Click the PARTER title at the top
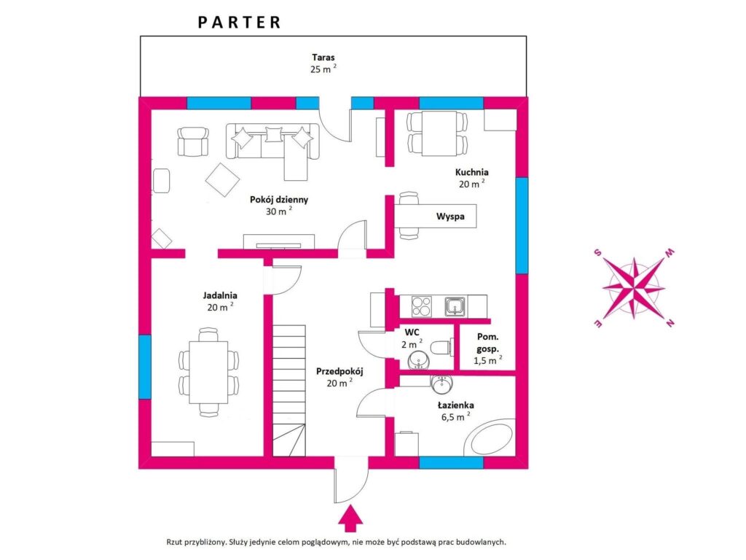239,23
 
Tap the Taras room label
323,57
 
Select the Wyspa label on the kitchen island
450,216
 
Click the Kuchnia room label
471,172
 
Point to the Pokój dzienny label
279,200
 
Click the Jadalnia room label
220,295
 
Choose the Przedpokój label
339,371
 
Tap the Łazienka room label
455,405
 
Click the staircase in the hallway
288,391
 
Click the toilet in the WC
441,347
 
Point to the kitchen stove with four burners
421,306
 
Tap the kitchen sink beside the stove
455,306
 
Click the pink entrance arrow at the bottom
350,518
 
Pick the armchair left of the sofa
192,142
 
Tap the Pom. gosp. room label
487,343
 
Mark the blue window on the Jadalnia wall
145,367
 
